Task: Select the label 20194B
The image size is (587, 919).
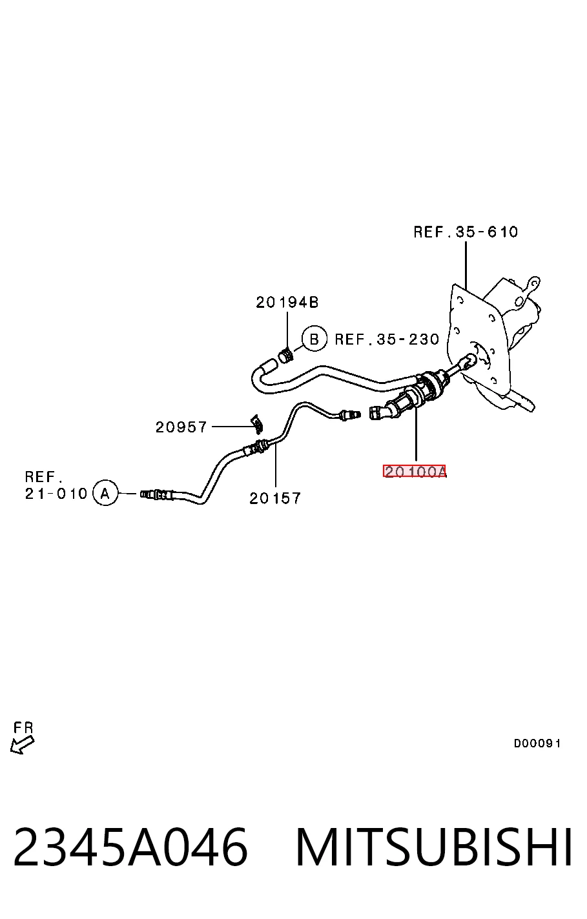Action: (287, 303)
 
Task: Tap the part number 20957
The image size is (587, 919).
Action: (181, 427)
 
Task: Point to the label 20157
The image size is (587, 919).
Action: (275, 498)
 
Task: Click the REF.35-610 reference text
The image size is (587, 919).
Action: (466, 232)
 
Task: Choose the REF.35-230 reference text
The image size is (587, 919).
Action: (387, 339)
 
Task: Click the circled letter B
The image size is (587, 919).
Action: (314, 339)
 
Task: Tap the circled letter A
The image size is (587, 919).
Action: (105, 492)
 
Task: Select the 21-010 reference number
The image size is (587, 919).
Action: (56, 493)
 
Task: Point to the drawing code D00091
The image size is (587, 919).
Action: (537, 743)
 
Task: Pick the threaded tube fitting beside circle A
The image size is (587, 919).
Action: (157, 494)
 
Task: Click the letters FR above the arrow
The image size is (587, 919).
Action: (23, 728)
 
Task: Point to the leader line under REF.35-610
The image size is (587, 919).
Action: (466, 265)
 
